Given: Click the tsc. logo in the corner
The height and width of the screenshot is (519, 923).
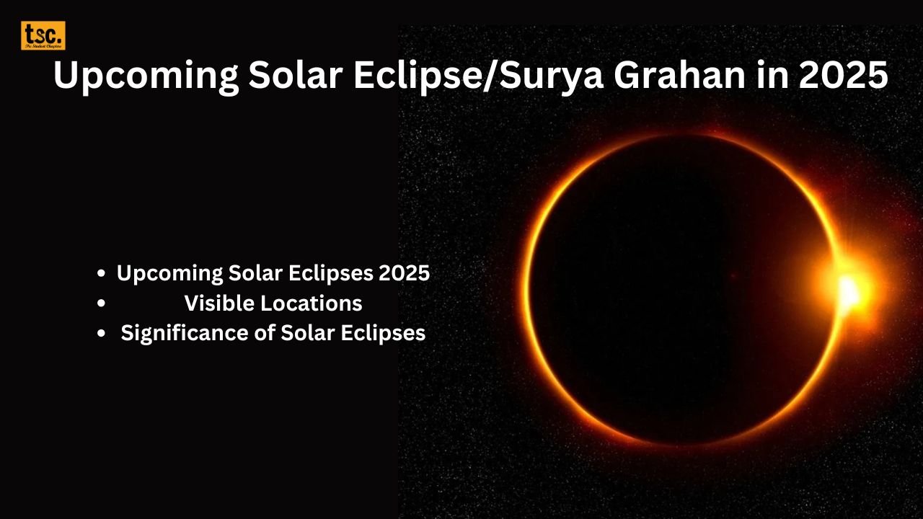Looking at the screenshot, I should pos(43,35).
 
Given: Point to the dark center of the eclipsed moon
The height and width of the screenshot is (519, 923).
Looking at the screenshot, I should pos(681,288).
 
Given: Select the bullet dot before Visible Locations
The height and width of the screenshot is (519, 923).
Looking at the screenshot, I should pos(102,303).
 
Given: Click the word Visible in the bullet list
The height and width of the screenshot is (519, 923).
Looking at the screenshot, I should pos(218,303).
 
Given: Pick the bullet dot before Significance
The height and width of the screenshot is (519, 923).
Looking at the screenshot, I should pos(102,334).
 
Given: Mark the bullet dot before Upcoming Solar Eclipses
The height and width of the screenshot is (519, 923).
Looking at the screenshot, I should pos(102,273).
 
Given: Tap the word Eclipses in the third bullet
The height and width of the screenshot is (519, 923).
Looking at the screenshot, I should pos(387,334).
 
